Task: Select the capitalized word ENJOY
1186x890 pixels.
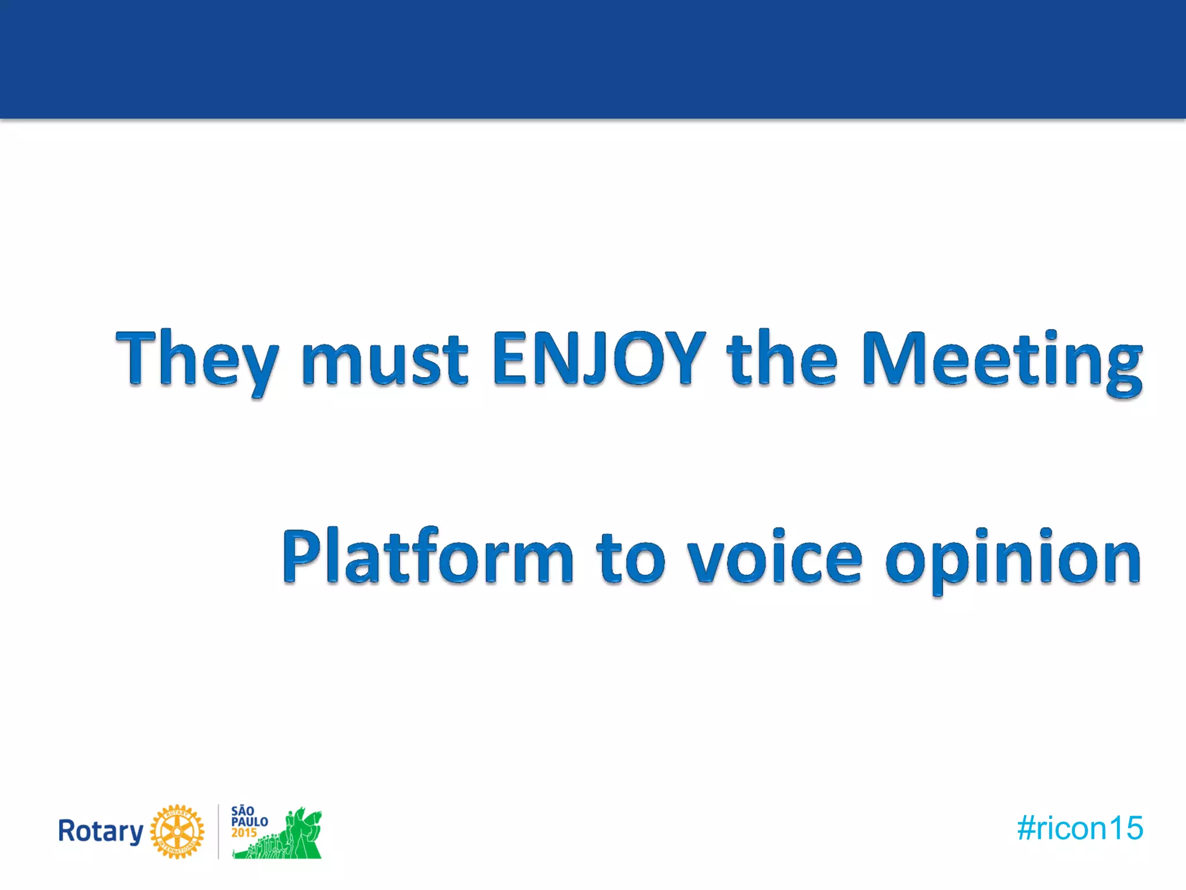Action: pos(599,358)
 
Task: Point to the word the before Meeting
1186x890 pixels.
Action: pos(782,358)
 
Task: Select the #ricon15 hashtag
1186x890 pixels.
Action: pos(1080,828)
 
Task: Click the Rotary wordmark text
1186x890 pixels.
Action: pos(101,831)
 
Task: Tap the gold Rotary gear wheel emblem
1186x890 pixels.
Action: pos(177,831)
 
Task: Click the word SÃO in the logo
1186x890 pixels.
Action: pos(243,811)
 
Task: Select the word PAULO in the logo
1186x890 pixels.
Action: pos(250,822)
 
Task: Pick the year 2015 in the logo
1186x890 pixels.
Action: pos(244,833)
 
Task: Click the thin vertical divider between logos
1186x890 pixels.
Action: pos(218,831)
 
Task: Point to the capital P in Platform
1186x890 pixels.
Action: pos(302,555)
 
